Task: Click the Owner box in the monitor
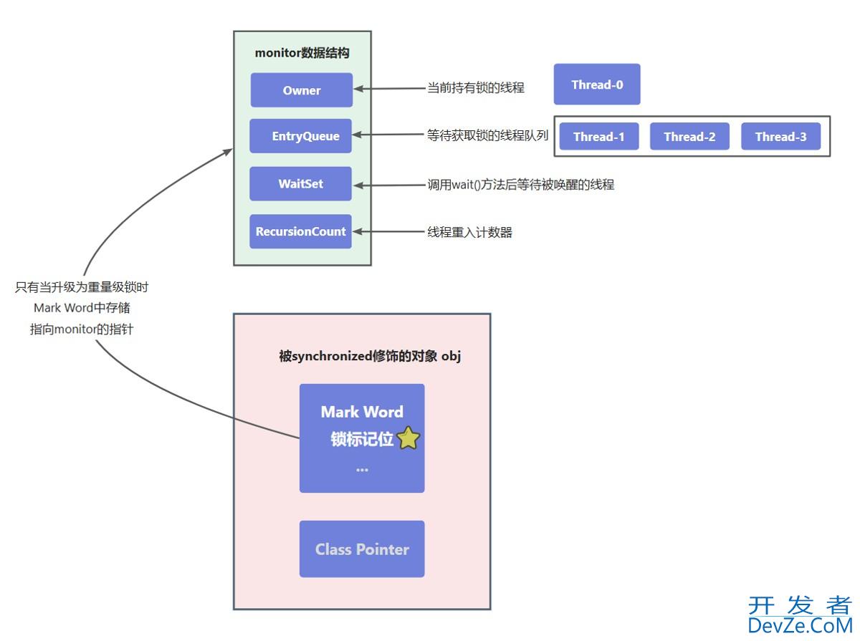tap(301, 90)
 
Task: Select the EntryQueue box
tap(301, 136)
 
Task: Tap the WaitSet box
tap(301, 184)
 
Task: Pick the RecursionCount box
tap(301, 232)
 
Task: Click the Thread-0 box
tap(597, 85)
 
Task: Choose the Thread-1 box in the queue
tap(598, 137)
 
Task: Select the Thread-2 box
tap(689, 137)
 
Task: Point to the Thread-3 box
tap(780, 137)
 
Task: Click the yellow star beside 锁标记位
tap(408, 438)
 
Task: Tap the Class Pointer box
tap(362, 549)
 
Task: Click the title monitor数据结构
tap(302, 53)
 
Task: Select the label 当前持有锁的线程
tap(476, 88)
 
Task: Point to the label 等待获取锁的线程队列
tap(487, 135)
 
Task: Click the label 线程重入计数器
tap(469, 232)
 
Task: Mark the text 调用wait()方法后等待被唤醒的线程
tap(520, 185)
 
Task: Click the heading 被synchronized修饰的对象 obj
tap(369, 357)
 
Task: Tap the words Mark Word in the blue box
tap(362, 412)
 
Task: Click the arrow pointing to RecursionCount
tap(391, 232)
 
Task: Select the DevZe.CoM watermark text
tap(799, 625)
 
